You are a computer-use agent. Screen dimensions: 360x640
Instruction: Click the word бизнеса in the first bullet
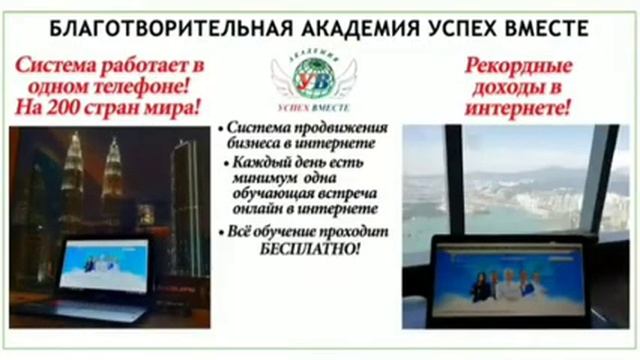pos(260,144)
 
